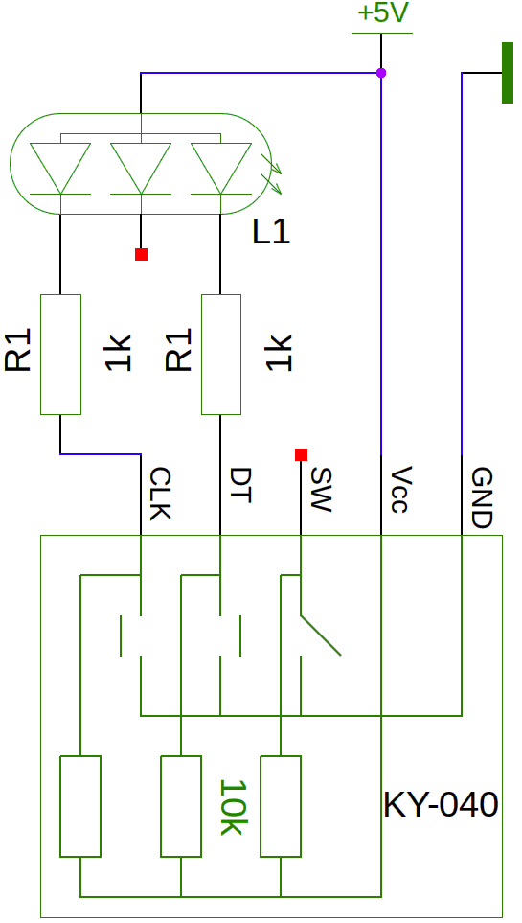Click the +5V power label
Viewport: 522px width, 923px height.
pos(382,13)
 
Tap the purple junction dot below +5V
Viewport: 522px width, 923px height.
pos(381,73)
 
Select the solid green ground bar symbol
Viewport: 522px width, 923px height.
pos(508,73)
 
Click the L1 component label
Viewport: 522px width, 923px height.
pos(271,233)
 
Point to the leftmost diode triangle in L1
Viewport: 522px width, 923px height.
pos(60,169)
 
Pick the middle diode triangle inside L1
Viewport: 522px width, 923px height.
pos(141,169)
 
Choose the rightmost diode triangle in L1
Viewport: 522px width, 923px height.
pos(220,169)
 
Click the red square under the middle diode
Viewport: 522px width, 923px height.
pos(141,254)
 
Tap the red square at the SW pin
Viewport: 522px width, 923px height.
pos(302,454)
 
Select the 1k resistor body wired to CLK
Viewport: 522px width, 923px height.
pos(60,355)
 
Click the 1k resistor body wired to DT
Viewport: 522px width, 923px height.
pos(221,355)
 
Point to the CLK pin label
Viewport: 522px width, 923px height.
pos(160,494)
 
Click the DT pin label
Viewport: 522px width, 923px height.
pos(240,486)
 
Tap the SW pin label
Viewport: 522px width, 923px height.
pos(321,490)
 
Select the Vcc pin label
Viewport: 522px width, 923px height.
pos(400,491)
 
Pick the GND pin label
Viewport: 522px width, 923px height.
pos(481,498)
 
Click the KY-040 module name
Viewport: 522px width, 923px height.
pos(441,805)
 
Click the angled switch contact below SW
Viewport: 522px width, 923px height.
pos(321,635)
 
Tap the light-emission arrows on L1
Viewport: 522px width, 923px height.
pos(271,173)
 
